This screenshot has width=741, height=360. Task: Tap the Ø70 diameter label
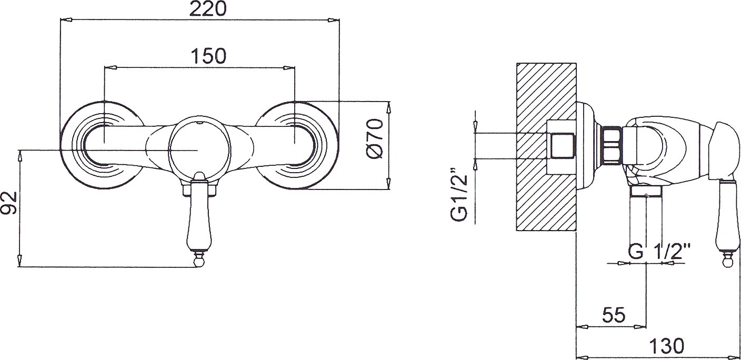click(375, 138)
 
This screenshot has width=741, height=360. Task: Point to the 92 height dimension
click(9, 203)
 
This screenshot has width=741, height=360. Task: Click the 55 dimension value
click(614, 315)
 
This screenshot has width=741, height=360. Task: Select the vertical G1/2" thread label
click(459, 194)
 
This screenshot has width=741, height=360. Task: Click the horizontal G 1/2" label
click(659, 252)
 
